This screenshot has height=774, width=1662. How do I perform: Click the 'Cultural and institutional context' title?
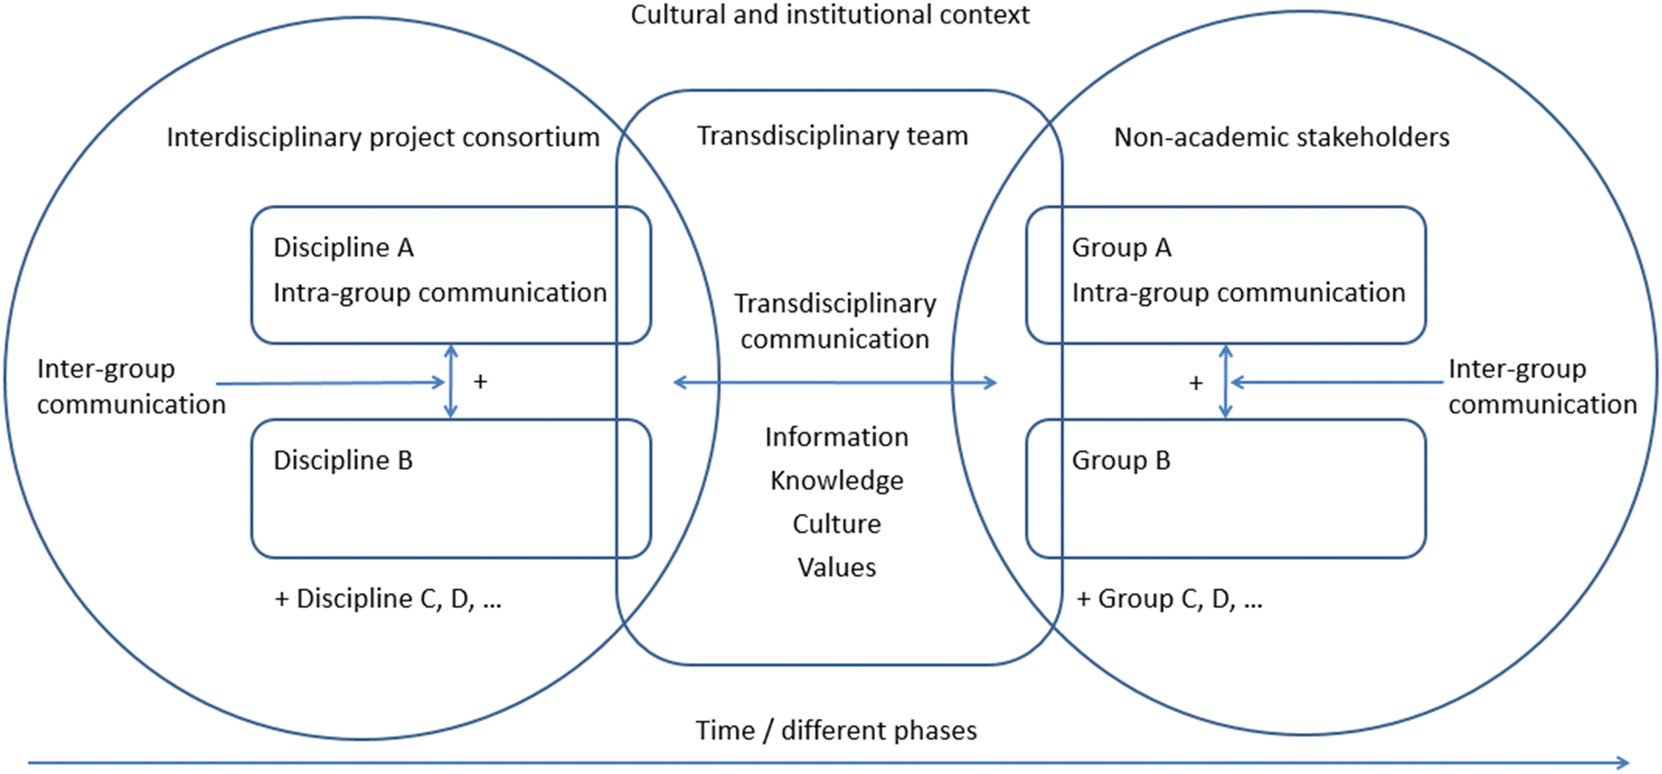click(x=829, y=15)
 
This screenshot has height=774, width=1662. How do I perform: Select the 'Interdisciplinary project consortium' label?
click(x=383, y=137)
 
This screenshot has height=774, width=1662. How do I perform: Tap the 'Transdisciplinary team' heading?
click(x=832, y=136)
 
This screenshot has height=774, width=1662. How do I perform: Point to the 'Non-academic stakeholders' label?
click(x=1281, y=137)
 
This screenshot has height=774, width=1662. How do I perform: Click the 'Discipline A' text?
click(x=343, y=248)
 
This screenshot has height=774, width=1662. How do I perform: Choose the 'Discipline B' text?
click(x=342, y=461)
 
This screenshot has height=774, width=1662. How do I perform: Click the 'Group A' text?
click(x=1121, y=248)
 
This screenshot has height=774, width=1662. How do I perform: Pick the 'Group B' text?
click(x=1121, y=461)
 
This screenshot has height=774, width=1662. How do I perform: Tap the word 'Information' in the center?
click(x=836, y=437)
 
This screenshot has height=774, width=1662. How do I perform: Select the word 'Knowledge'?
click(x=837, y=480)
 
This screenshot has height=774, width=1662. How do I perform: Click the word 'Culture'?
click(x=837, y=524)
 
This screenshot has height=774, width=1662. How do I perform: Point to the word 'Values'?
click(x=837, y=568)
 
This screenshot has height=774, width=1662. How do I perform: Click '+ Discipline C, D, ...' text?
click(x=387, y=599)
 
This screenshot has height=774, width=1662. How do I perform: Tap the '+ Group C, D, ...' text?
click(x=1169, y=599)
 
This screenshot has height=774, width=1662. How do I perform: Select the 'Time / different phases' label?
click(x=836, y=731)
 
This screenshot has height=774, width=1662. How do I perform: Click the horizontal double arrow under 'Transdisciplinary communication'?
click(x=835, y=382)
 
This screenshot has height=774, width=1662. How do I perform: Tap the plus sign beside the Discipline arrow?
click(x=480, y=382)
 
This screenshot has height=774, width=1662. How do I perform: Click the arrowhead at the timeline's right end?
click(x=1623, y=763)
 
